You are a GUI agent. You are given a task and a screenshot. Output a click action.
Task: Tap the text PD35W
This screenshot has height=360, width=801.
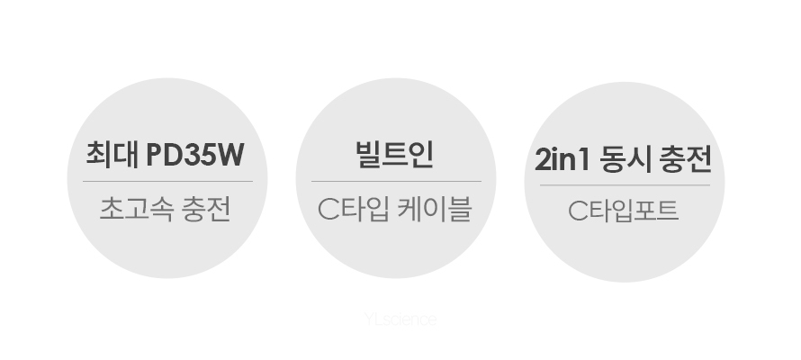(195, 155)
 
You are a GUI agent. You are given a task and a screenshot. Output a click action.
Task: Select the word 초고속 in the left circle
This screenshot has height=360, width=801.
(137, 209)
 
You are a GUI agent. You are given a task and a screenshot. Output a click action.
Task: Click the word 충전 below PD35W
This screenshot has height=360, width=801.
(207, 209)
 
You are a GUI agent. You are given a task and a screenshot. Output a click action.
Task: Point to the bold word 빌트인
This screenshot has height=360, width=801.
(395, 154)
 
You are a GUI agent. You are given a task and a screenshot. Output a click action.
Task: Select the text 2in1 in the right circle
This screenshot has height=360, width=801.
(562, 159)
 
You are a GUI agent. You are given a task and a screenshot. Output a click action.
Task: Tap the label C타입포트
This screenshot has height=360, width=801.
(623, 211)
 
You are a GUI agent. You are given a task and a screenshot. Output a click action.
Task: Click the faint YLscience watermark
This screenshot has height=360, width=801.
(400, 319)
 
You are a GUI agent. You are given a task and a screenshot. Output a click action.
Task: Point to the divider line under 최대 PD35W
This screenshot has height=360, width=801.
(167, 181)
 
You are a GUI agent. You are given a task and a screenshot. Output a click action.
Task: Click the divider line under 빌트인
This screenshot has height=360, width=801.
(396, 181)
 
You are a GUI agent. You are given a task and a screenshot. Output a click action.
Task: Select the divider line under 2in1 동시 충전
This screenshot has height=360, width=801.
(625, 185)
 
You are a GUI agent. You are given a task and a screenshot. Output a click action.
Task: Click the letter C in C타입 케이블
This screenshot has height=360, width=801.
(328, 210)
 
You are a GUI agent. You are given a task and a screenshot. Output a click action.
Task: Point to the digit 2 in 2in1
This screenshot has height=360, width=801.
(542, 160)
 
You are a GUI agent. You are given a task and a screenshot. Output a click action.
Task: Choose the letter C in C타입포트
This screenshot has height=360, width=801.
(579, 211)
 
